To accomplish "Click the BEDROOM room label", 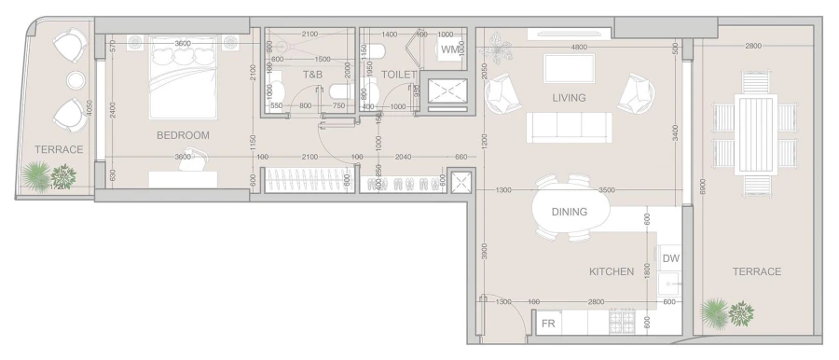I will pyautogui.click(x=183, y=135).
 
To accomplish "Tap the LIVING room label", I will pyautogui.click(x=569, y=97).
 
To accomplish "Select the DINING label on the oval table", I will pyautogui.click(x=569, y=212).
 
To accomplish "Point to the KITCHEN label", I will pyautogui.click(x=612, y=271).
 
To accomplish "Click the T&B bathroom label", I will pyautogui.click(x=312, y=74).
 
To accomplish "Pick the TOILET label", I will pyautogui.click(x=399, y=74).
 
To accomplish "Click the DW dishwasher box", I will pyautogui.click(x=670, y=258).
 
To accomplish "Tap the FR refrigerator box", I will pyautogui.click(x=549, y=324).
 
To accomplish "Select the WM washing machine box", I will pyautogui.click(x=451, y=49).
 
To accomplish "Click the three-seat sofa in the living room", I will pyautogui.click(x=569, y=128).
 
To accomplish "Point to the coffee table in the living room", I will pyautogui.click(x=569, y=68).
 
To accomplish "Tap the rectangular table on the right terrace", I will pyautogui.click(x=755, y=134).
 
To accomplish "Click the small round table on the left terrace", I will pyautogui.click(x=73, y=79).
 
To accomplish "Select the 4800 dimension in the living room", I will pyautogui.click(x=579, y=47).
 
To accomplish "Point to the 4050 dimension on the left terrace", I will pyautogui.click(x=89, y=108).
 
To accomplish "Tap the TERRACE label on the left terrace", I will pyautogui.click(x=59, y=149).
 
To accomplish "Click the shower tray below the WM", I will pyautogui.click(x=447, y=89).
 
